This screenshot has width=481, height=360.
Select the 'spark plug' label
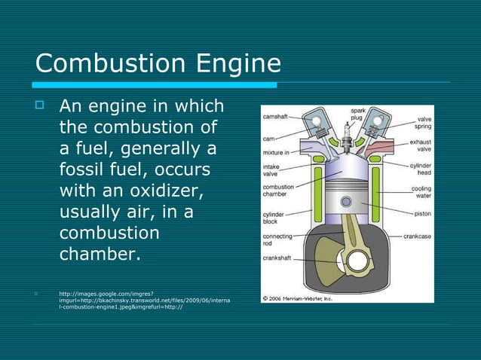pos(359,115)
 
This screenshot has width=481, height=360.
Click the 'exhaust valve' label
pos(419,145)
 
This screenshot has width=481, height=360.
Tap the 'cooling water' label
pos(421,193)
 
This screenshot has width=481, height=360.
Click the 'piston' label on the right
pos(423,213)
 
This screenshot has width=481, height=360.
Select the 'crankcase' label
pos(417,236)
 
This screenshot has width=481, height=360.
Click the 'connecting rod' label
pos(277,240)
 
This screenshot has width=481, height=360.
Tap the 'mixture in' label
pos(277,152)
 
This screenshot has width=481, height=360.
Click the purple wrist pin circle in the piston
pos(346,203)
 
